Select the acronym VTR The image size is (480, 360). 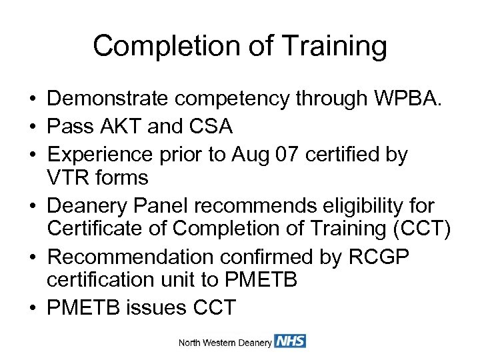pos(70,178)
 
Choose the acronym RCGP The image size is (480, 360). pos(385,257)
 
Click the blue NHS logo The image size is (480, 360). pos(290,341)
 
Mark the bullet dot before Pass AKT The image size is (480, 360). pos(31,127)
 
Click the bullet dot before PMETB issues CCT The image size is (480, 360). pos(31,307)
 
